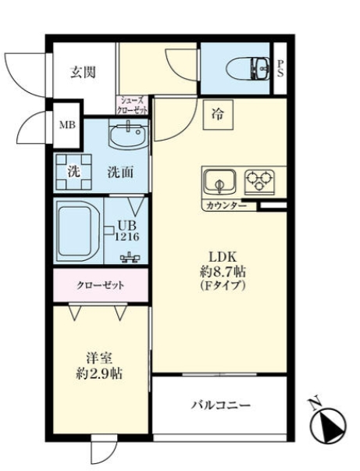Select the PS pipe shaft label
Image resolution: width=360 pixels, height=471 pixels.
click(281, 70)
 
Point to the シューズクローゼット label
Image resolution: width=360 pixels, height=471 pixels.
click(134, 105)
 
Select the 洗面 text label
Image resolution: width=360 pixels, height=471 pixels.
click(119, 173)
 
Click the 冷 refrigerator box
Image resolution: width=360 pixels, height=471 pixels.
click(216, 115)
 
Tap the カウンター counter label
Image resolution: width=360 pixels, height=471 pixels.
click(226, 206)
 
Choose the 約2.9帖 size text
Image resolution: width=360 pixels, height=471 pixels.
click(99, 373)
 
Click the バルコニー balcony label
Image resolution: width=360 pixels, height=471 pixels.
click(221, 406)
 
